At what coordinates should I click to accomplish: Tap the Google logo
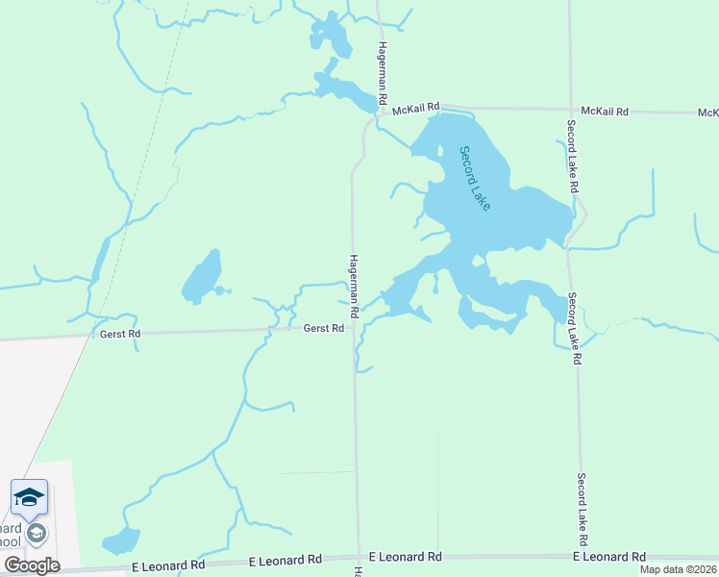(x=32, y=564)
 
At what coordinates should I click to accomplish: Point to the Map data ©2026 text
(x=678, y=569)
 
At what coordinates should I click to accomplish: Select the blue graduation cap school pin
(x=29, y=497)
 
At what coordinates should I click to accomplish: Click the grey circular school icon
(x=37, y=532)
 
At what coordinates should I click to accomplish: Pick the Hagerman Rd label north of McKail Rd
(x=382, y=74)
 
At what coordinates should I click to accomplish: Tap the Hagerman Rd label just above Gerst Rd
(x=354, y=287)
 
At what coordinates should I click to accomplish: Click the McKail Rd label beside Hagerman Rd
(x=416, y=107)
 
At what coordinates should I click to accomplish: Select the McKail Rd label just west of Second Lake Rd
(x=605, y=112)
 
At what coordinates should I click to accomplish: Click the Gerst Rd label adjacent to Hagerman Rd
(x=324, y=328)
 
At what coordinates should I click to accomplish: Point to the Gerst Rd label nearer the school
(x=120, y=334)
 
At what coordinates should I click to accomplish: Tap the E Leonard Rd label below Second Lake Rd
(x=609, y=557)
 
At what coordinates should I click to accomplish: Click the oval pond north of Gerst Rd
(x=202, y=276)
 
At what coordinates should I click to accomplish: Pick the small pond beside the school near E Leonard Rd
(x=121, y=540)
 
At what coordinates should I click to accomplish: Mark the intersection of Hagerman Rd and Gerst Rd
(x=354, y=328)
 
